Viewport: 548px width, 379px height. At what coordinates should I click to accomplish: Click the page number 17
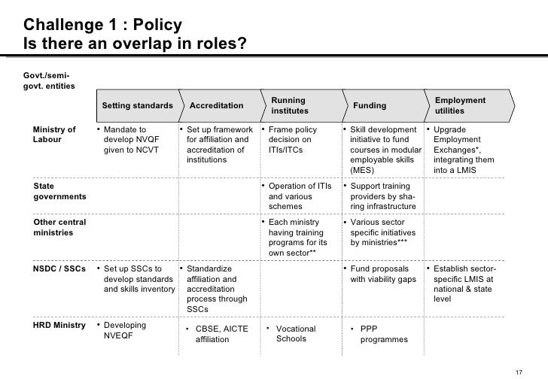[517, 371]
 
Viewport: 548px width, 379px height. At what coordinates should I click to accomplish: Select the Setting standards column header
[137, 106]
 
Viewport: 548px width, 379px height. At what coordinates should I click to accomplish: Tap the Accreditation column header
[216, 106]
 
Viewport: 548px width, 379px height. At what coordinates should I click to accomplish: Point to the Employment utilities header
[460, 106]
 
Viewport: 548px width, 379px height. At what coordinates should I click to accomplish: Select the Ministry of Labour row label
[54, 135]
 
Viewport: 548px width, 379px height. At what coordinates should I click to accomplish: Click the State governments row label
[59, 191]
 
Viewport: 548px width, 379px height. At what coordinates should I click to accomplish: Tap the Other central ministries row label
[59, 228]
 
